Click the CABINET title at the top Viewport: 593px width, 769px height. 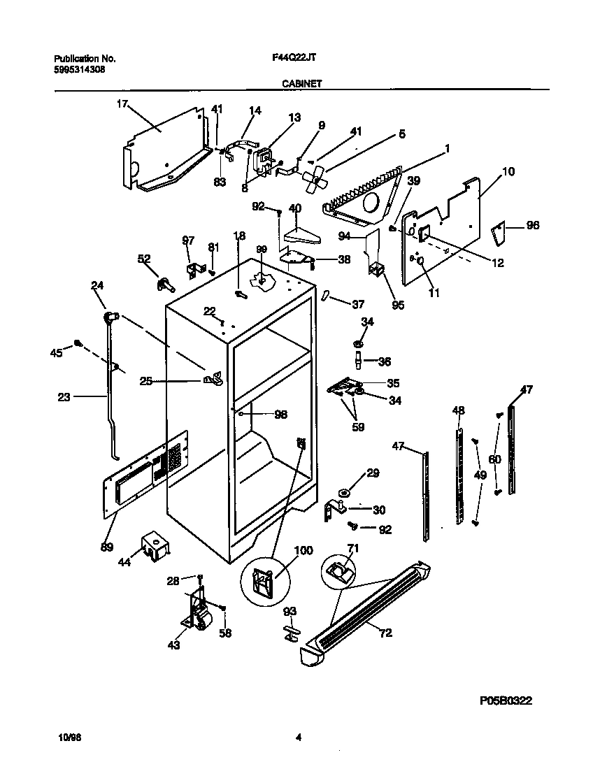[x=302, y=82]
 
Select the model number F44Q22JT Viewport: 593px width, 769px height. [x=292, y=59]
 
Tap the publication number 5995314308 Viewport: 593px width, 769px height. [x=80, y=70]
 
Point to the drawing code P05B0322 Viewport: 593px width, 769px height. [x=510, y=700]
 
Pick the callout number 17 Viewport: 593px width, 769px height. [x=122, y=105]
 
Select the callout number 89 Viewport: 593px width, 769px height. [x=106, y=547]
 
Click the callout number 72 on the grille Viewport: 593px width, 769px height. [x=385, y=633]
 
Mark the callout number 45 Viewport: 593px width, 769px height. [x=57, y=353]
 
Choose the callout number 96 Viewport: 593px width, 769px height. [x=532, y=226]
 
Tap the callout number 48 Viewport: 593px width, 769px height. [x=458, y=410]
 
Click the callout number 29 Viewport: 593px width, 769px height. [x=373, y=473]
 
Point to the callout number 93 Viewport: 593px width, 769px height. [x=290, y=612]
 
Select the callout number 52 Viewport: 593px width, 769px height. [x=143, y=259]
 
